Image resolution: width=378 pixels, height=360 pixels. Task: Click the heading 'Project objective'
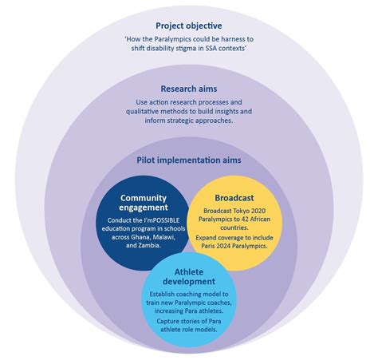click(189, 26)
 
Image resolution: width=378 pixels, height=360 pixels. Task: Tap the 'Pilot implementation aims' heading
click(189, 160)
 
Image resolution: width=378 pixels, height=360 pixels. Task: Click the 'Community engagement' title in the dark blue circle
click(142, 204)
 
